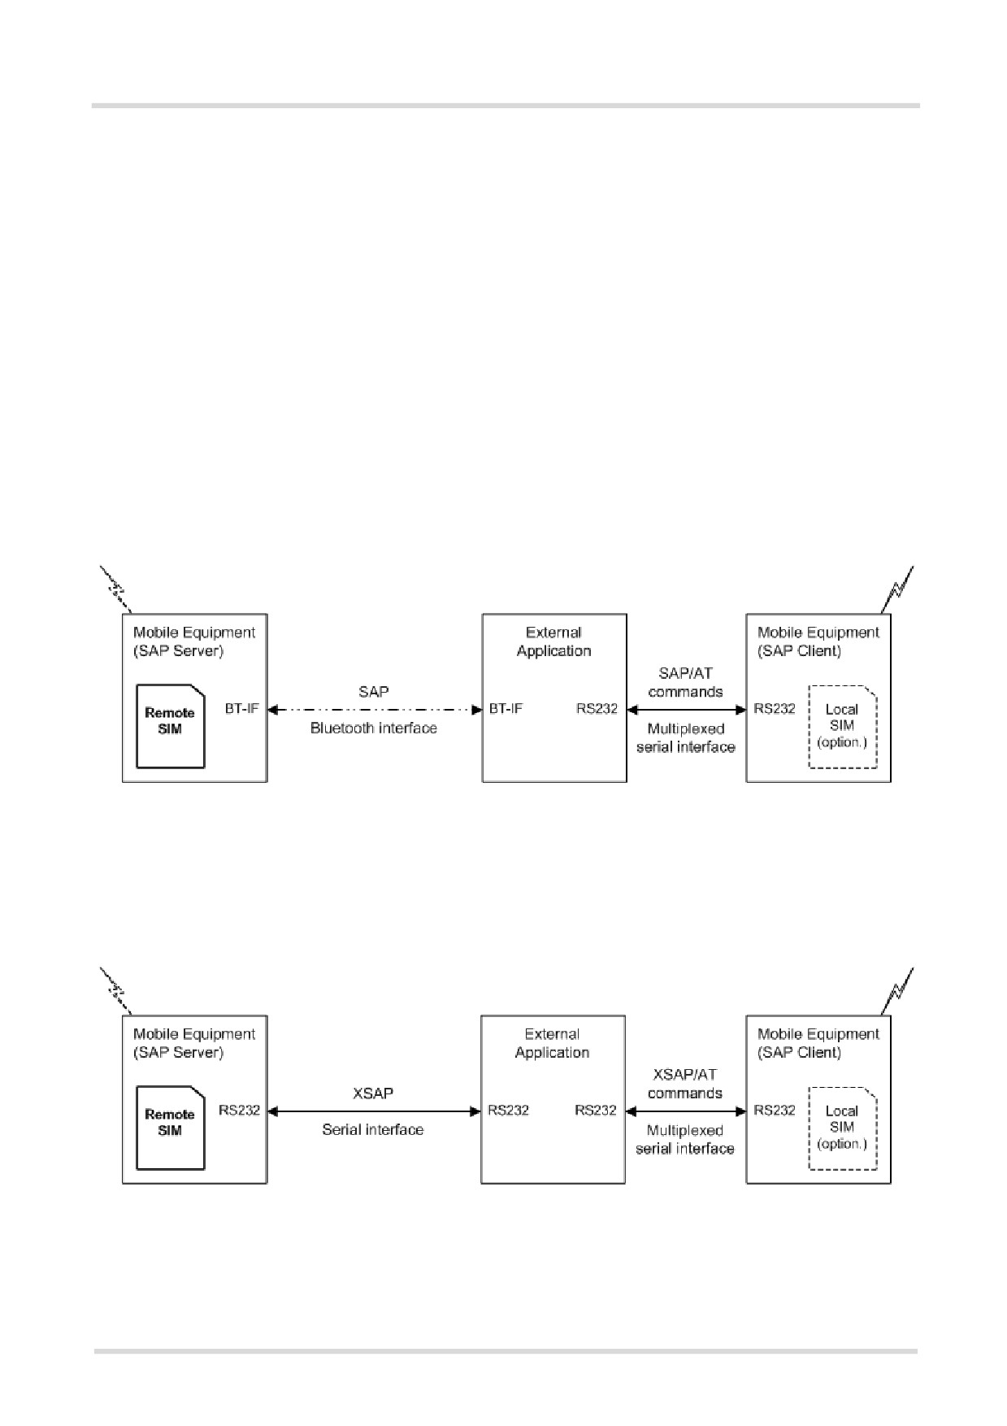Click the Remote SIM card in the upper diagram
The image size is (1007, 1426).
[x=170, y=726]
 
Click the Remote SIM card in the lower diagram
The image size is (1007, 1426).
[x=170, y=1128]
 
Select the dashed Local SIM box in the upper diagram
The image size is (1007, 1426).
[x=843, y=727]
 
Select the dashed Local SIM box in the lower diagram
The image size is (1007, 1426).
[x=843, y=1128]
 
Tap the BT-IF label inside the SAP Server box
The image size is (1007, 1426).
[x=242, y=709]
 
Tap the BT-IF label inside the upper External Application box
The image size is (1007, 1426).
[x=506, y=709]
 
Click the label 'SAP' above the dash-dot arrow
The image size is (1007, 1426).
[x=374, y=692]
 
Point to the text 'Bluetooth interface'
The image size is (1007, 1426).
[x=374, y=728]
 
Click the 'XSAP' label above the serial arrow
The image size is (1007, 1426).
[x=373, y=1093]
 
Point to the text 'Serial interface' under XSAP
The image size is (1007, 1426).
[x=373, y=1129]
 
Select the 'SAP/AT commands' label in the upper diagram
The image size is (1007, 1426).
[x=686, y=683]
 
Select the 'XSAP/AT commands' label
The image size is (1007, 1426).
[x=685, y=1084]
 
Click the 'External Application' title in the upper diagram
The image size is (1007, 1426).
[x=554, y=641]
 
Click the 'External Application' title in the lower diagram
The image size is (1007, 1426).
[x=553, y=1043]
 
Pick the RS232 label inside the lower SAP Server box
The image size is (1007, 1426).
[x=240, y=1111]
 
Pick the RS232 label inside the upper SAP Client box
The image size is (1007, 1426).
[x=775, y=709]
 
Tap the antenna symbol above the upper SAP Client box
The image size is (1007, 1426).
[x=897, y=589]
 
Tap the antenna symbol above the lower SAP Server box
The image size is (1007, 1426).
[x=115, y=991]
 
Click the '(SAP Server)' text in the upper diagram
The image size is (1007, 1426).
[x=178, y=651]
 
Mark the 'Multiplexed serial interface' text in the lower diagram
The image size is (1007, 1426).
[x=685, y=1139]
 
